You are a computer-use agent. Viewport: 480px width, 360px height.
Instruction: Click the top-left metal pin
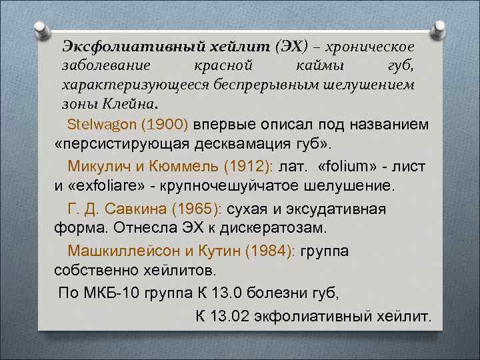42,31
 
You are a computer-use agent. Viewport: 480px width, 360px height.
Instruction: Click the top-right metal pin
438,31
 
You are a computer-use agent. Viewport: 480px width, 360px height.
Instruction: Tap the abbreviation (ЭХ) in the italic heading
290,47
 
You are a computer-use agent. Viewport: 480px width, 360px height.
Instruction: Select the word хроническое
375,47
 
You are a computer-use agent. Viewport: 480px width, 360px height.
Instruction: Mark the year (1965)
197,210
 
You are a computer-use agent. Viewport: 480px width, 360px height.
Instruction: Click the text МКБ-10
113,293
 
